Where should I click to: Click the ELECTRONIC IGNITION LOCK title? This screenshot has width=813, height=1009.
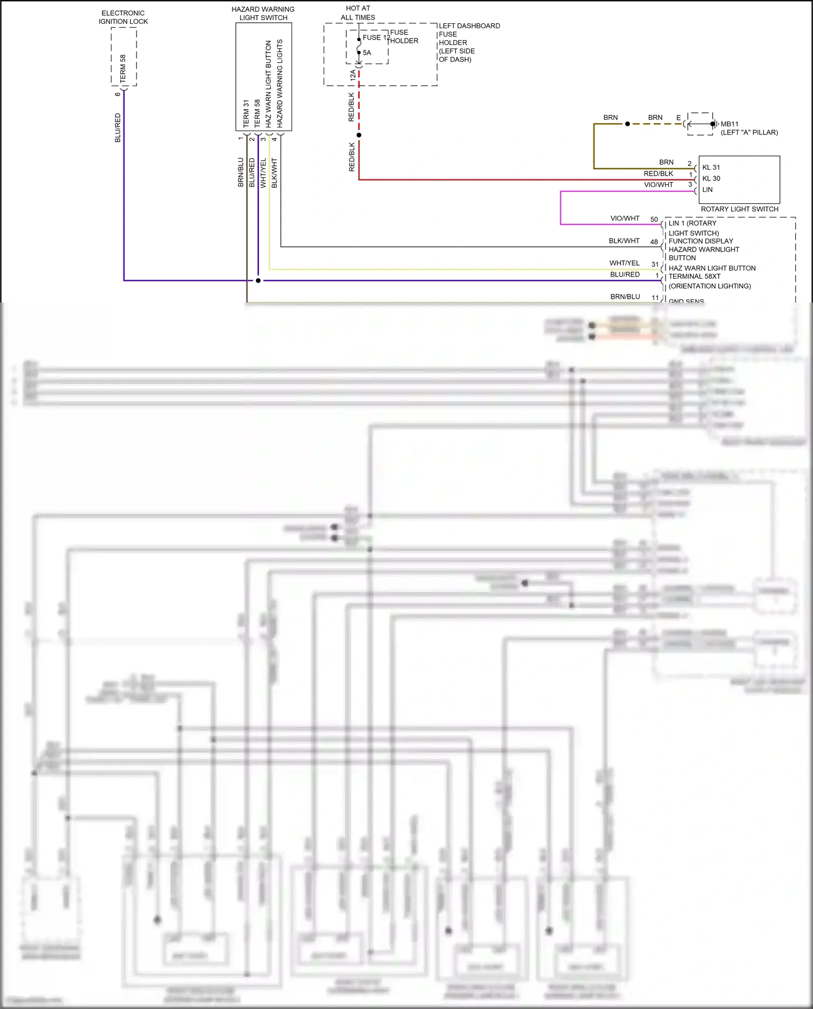point(123,17)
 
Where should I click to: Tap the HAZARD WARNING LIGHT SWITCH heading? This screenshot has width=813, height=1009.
point(263,14)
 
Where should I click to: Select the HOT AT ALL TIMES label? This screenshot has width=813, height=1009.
point(358,13)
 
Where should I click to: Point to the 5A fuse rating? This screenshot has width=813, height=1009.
point(367,53)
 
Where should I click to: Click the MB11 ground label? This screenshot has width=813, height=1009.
point(730,124)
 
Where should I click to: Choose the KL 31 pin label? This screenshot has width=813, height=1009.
point(711,168)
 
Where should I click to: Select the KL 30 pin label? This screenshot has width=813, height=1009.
point(711,178)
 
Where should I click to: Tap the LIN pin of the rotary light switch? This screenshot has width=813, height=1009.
point(707,190)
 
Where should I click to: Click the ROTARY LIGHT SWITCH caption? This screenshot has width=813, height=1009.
point(739,209)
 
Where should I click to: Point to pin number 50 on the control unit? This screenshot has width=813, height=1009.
point(654,220)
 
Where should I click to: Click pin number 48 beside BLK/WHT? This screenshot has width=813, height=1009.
point(654,242)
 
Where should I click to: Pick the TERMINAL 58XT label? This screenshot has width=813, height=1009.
point(694,277)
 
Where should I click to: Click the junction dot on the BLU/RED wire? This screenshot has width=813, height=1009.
point(258,280)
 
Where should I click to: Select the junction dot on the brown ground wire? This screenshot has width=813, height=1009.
point(628,124)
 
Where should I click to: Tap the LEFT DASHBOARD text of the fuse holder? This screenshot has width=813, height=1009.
point(469,26)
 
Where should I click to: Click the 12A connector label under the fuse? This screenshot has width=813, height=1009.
point(353,75)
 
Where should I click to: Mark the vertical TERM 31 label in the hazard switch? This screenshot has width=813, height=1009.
point(246,114)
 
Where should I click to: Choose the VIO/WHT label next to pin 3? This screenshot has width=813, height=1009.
point(659,185)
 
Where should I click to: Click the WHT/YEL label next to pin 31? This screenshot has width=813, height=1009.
point(624,263)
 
